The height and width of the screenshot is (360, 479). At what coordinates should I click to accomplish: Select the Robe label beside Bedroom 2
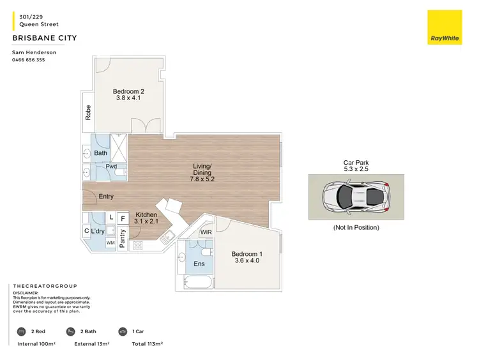click(x=88, y=113)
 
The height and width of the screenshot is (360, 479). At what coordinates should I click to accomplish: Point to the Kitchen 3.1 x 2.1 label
click(x=146, y=218)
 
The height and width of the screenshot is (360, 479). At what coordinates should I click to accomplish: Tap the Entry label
click(x=106, y=197)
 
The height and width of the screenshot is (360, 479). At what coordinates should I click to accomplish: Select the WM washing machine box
click(x=110, y=243)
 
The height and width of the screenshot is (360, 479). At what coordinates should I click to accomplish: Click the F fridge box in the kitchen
click(x=124, y=218)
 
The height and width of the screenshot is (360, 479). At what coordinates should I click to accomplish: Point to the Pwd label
click(x=111, y=166)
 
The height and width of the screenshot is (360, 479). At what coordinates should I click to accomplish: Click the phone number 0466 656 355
click(x=29, y=60)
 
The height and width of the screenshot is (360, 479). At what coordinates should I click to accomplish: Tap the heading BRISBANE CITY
click(x=45, y=38)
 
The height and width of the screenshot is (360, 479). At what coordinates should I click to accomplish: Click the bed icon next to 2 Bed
click(x=21, y=331)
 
